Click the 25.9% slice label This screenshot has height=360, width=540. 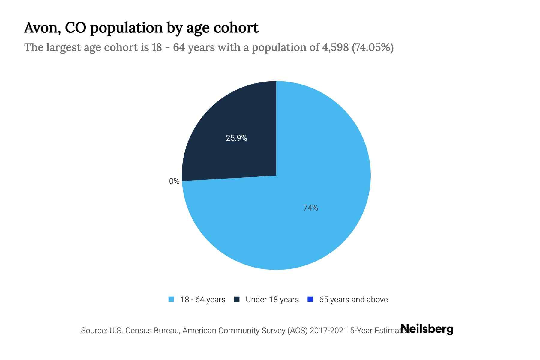[236, 138]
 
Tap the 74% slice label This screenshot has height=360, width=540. [310, 208]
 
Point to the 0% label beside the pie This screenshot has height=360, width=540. [174, 181]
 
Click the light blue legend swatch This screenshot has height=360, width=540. [171, 299]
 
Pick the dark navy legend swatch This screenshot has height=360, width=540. [237, 299]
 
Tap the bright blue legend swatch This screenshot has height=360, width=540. [310, 299]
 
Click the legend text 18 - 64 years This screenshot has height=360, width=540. [203, 300]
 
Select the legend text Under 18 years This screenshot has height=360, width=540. [272, 300]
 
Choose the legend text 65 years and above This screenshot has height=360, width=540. [353, 300]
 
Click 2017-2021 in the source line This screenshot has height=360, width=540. [329, 331]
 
